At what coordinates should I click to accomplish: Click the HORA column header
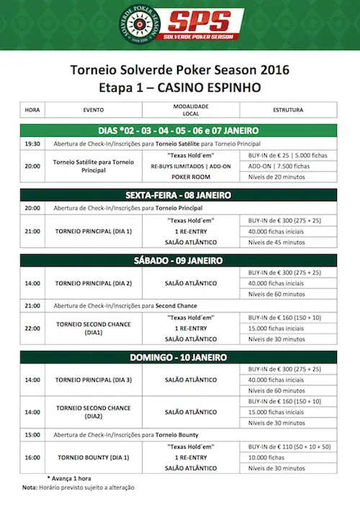[32, 110]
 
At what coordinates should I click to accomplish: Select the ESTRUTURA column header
[287, 110]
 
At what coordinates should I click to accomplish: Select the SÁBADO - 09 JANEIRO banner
[180, 260]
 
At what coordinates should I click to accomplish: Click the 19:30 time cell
[32, 143]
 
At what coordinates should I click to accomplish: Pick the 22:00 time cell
[32, 328]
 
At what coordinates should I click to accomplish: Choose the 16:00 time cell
[32, 457]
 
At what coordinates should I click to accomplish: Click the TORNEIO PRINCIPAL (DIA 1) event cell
[94, 232]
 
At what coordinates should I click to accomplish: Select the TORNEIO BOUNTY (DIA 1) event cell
[94, 457]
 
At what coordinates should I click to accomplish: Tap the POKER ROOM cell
[191, 176]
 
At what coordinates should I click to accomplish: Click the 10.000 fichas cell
[266, 457]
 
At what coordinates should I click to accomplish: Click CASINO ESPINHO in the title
[217, 87]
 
